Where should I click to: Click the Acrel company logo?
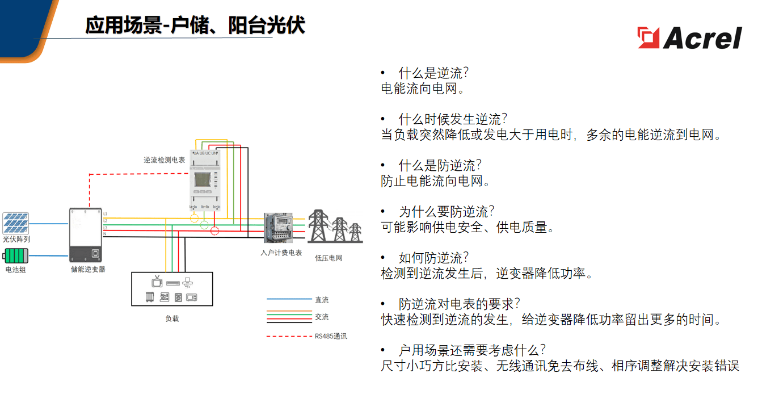pyautogui.click(x=689, y=38)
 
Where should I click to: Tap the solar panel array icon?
pyautogui.click(x=16, y=224)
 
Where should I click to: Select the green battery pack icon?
pyautogui.click(x=16, y=255)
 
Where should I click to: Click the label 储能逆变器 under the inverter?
pyautogui.click(x=88, y=269)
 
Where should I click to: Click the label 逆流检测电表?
pyautogui.click(x=164, y=161)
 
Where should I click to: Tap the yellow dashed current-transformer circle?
pyautogui.click(x=194, y=218)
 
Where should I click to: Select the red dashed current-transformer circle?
pyautogui.click(x=215, y=230)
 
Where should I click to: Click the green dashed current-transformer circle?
pyautogui.click(x=204, y=224)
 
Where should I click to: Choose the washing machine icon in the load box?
pyautogui.click(x=178, y=297)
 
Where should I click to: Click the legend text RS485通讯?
pyautogui.click(x=331, y=336)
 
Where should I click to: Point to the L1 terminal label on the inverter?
pyautogui.click(x=106, y=214)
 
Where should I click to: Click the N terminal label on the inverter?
pyautogui.click(x=105, y=234)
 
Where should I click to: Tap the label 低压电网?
pyautogui.click(x=329, y=258)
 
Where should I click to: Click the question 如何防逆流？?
pyautogui.click(x=434, y=258)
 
